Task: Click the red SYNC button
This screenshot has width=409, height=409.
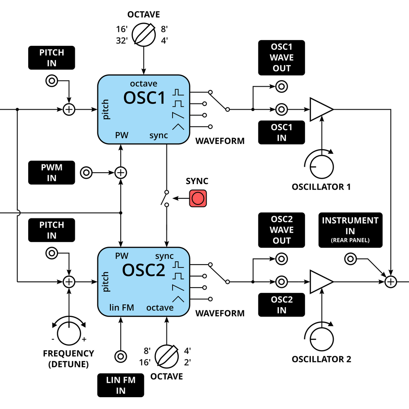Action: point(198,198)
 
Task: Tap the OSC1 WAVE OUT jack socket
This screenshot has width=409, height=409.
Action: point(281,87)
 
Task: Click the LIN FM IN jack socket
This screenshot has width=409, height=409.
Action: point(121,357)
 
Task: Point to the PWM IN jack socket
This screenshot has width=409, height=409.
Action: point(86,173)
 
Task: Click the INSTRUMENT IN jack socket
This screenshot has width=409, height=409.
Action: point(350,259)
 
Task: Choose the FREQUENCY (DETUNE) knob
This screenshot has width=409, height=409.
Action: point(69,333)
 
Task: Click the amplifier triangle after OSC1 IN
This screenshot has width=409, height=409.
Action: point(320,109)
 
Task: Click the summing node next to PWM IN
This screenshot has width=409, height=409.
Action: point(120,173)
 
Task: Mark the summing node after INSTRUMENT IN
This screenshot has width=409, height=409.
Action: point(391,282)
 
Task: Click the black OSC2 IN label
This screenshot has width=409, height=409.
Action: point(281,305)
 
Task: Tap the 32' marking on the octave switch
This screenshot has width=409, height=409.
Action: point(122,40)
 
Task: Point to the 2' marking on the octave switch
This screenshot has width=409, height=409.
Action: point(187,362)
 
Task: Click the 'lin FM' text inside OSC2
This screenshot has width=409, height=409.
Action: point(121,307)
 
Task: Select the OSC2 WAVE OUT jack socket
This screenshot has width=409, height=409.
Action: point(281,259)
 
